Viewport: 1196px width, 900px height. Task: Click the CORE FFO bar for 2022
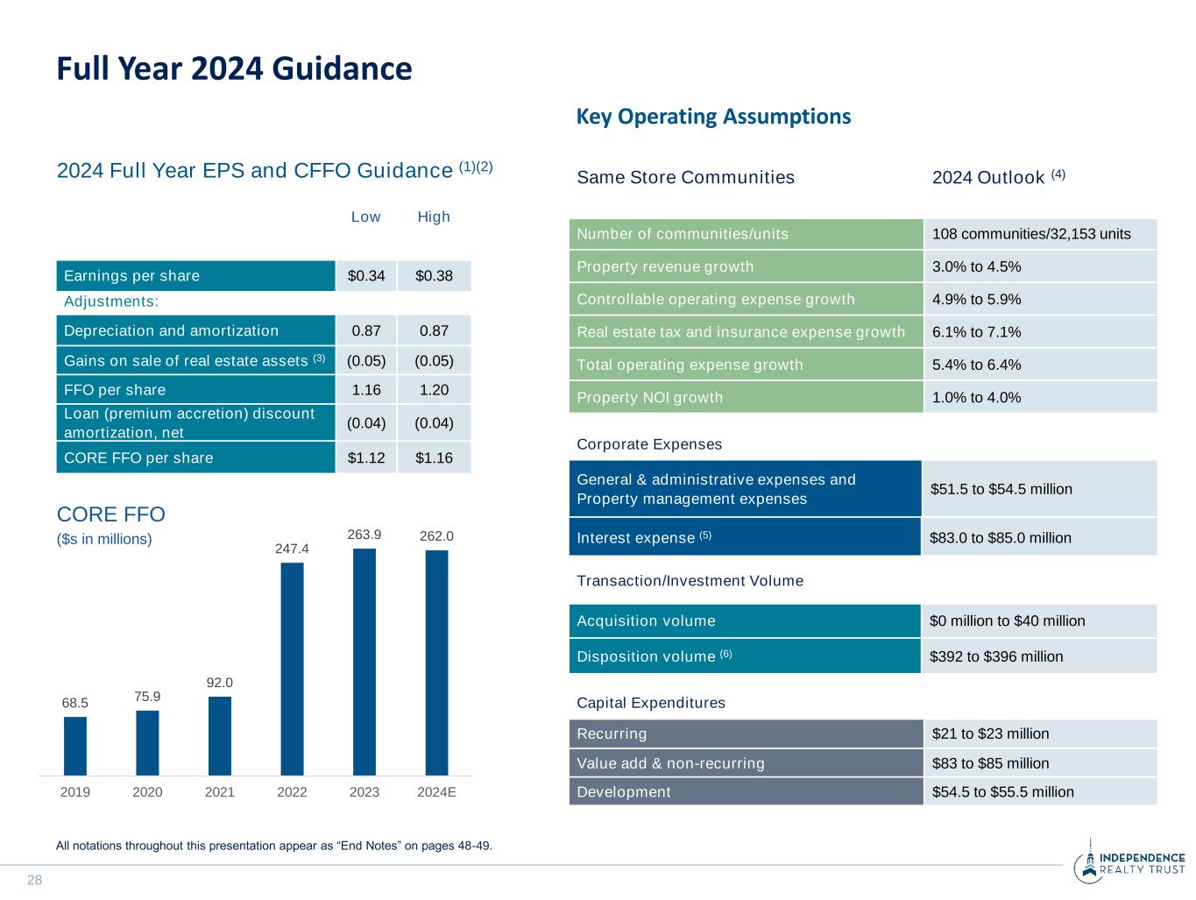pyautogui.click(x=292, y=669)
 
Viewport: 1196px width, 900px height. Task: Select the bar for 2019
pyautogui.click(x=75, y=746)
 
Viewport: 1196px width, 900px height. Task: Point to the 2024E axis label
pyautogui.click(x=436, y=792)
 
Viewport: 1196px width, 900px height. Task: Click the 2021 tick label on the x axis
pyautogui.click(x=220, y=792)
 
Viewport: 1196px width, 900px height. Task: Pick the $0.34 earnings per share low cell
pyautogui.click(x=366, y=276)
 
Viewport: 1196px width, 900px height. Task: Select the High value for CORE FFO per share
pyautogui.click(x=434, y=457)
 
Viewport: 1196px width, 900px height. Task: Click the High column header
pyautogui.click(x=434, y=216)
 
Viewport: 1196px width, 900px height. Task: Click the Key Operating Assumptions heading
pyautogui.click(x=713, y=117)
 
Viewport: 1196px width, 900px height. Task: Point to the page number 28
pyautogui.click(x=35, y=880)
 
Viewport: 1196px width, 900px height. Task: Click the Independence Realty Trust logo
pyautogui.click(x=1129, y=863)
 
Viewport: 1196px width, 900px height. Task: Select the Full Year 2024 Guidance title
pyautogui.click(x=234, y=69)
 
